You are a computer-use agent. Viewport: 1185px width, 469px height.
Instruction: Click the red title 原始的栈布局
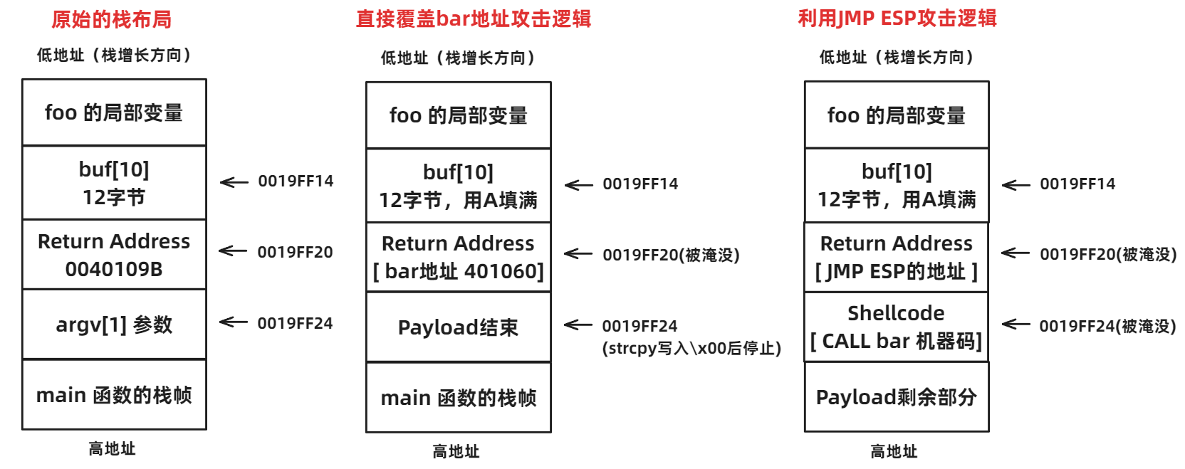(111, 19)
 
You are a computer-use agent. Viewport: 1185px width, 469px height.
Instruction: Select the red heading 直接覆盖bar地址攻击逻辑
(474, 19)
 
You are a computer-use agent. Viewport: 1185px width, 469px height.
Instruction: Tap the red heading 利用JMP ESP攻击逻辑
(897, 18)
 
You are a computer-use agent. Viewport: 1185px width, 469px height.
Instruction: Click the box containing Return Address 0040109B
(114, 255)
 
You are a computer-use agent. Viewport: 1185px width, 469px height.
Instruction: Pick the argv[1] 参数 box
(114, 325)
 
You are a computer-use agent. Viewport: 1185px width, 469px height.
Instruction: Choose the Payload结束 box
(458, 327)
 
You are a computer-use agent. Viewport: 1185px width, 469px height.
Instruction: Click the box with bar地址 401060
(458, 258)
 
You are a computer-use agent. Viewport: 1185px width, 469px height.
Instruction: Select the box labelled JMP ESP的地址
(896, 257)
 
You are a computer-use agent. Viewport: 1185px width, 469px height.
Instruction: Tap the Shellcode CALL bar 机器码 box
(896, 327)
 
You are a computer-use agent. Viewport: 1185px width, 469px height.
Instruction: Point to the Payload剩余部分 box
(896, 397)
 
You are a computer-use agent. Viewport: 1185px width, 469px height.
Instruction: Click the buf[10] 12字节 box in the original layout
(114, 183)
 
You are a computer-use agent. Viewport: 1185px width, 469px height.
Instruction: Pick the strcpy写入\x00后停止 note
(691, 348)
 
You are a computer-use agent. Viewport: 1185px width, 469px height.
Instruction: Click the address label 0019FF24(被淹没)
(1107, 326)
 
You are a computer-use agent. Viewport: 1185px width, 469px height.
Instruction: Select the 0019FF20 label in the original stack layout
(295, 252)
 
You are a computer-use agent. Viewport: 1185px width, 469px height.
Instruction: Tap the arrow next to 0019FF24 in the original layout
(234, 322)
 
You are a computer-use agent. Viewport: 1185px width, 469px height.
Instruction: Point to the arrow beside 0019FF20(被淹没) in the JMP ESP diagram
(1016, 253)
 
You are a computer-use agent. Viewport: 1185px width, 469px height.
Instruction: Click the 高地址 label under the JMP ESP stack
(894, 451)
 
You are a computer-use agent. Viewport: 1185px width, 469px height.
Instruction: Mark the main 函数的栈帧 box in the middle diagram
(458, 398)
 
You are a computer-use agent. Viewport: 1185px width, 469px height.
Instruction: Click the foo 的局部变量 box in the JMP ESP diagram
(896, 115)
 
